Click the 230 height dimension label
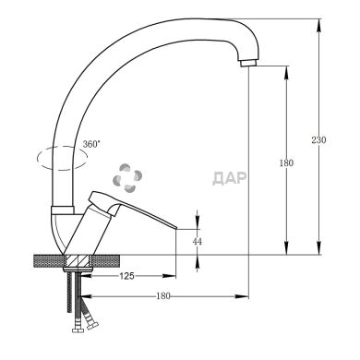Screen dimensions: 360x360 [x=319, y=140]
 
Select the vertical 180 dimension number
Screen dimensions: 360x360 [x=286, y=162]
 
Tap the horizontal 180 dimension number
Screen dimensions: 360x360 [x=163, y=296]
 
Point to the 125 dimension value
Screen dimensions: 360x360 [x=126, y=276]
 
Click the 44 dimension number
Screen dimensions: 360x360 [x=198, y=242]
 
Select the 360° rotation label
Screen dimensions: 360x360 [x=91, y=144]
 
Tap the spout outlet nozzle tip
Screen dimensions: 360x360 [x=248, y=63]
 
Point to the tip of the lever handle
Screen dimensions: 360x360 [x=175, y=228]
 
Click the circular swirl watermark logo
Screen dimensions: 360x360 [x=127, y=178]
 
